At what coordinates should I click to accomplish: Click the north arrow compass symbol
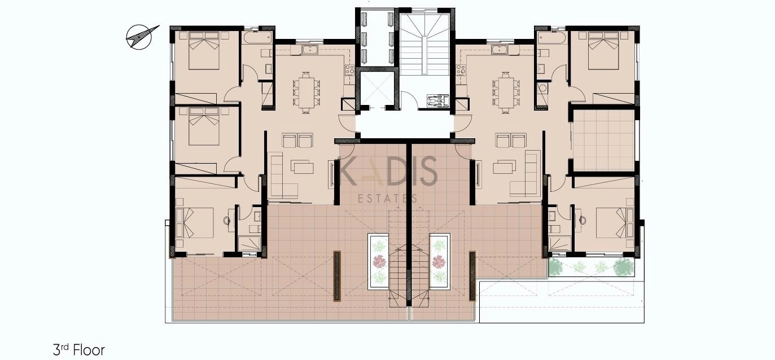pos(140,37)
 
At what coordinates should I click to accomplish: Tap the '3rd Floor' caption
pos(78,350)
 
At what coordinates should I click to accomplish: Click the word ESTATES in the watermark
pos(387,199)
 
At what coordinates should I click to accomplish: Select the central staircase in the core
pos(424,42)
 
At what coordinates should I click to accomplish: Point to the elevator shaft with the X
pos(377,89)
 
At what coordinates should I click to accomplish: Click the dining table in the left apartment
pos(307,92)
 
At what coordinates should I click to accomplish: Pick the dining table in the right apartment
pos(506,92)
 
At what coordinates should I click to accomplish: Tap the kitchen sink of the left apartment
pos(313,50)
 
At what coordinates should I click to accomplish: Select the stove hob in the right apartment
pos(460,70)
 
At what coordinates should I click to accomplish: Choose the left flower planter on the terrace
pos(379,261)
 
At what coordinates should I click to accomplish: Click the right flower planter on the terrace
pos(440,261)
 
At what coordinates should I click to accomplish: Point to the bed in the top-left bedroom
pos(204,51)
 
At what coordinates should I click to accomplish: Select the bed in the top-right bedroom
pos(603,51)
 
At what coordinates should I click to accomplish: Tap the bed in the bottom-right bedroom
pos(615,223)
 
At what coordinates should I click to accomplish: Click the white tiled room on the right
pos(603,141)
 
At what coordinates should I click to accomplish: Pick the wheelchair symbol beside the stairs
pos(437,101)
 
